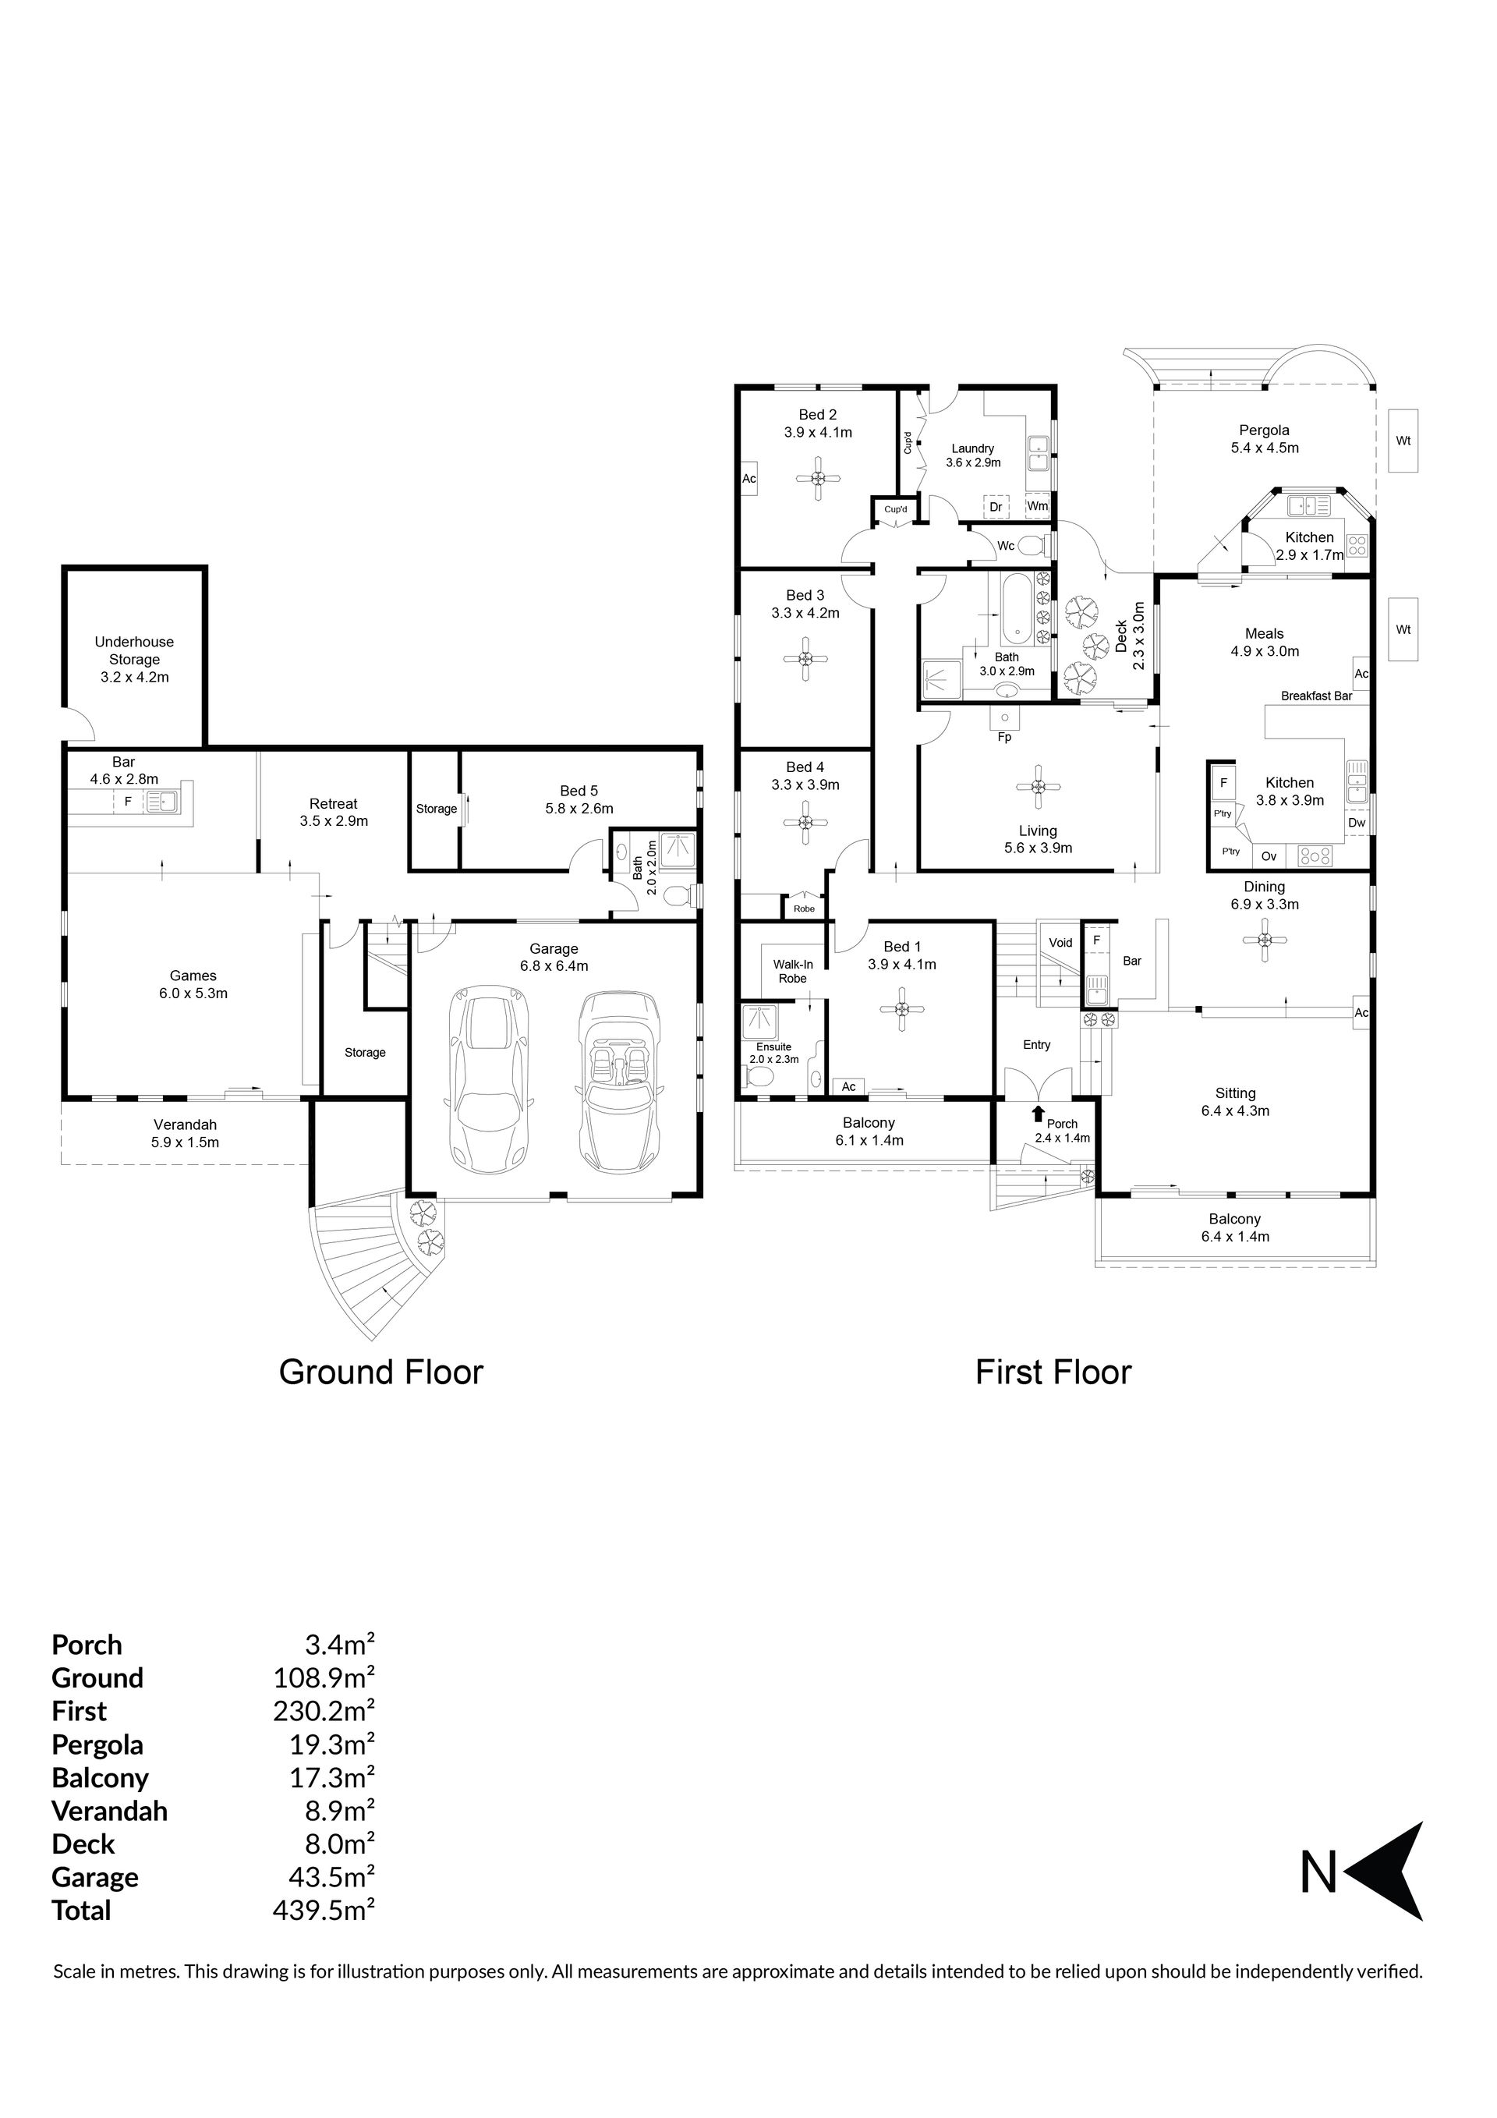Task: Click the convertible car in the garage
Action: pyautogui.click(x=618, y=1079)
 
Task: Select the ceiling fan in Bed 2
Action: pyautogui.click(x=817, y=478)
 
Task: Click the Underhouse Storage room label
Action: pyautogui.click(x=135, y=660)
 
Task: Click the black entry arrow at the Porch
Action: pyautogui.click(x=1039, y=1114)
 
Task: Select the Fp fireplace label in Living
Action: pyautogui.click(x=1004, y=737)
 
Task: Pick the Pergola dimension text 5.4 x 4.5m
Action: pyautogui.click(x=1265, y=448)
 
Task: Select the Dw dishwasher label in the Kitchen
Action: pyautogui.click(x=1357, y=823)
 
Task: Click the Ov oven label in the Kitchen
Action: pyautogui.click(x=1269, y=856)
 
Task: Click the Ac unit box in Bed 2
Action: pyautogui.click(x=749, y=479)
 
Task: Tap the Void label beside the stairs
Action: pyautogui.click(x=1060, y=942)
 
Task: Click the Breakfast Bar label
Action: pyautogui.click(x=1316, y=696)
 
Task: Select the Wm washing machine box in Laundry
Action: pyautogui.click(x=1038, y=505)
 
